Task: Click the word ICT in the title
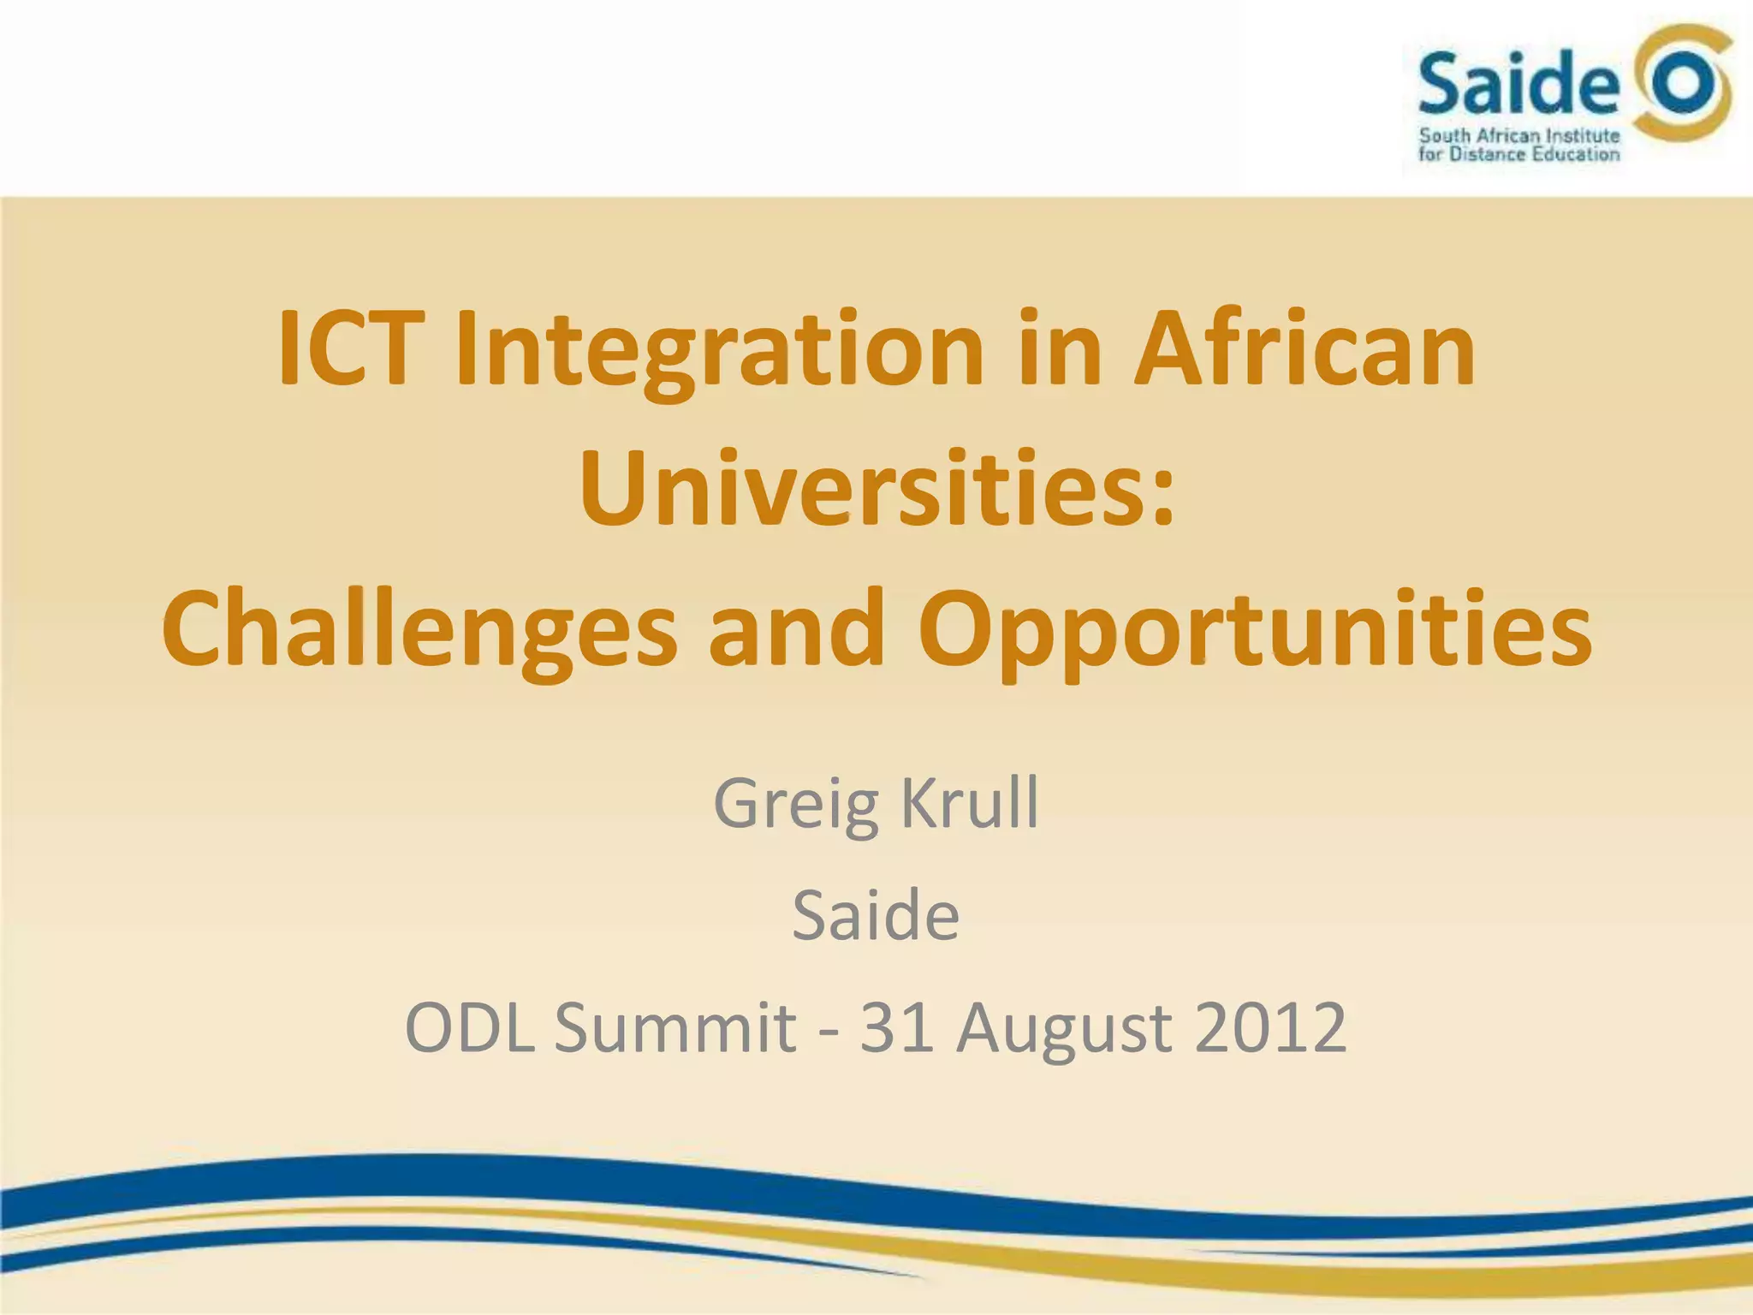coord(351,349)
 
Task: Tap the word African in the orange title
coord(1304,349)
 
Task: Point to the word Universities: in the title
coord(876,490)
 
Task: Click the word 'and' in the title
coord(796,628)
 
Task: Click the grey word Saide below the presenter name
coord(876,914)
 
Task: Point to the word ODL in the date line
coord(470,1026)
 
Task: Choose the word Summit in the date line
coord(675,1026)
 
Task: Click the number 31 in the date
coord(896,1026)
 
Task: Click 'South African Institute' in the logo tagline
coord(1519,135)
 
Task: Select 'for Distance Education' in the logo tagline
coord(1519,154)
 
